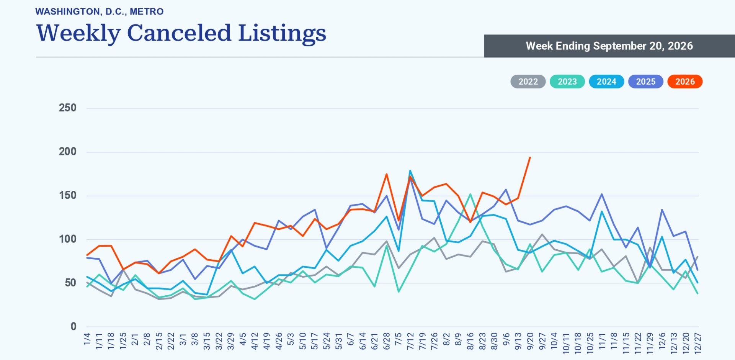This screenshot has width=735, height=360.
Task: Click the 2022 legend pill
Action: coord(528,82)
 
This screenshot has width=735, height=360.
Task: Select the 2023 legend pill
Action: coord(567,82)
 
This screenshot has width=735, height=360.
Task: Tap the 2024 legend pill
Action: coord(606,82)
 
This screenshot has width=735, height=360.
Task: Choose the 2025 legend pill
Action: coord(646,82)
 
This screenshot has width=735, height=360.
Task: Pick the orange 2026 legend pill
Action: coord(685,82)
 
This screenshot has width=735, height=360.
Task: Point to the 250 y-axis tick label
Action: coord(68,108)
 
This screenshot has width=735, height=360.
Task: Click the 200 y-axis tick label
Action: coord(68,152)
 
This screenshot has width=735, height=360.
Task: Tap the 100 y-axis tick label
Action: coord(68,239)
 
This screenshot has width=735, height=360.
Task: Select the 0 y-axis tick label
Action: coord(73,327)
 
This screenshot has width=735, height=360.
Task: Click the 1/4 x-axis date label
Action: coord(87,339)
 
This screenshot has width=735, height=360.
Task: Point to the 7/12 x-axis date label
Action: coord(410,341)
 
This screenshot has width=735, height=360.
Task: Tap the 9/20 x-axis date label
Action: coord(530,341)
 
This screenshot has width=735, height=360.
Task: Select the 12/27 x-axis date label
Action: coord(698,343)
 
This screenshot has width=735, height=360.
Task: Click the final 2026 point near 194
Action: coord(530,157)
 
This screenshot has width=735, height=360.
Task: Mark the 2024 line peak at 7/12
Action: coord(410,171)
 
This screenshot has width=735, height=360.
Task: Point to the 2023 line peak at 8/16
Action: coord(470,194)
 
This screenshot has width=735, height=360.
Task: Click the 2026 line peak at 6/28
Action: coord(386,174)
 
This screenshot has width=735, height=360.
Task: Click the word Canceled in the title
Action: coord(179,33)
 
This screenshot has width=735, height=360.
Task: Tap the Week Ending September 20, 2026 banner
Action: coord(609,46)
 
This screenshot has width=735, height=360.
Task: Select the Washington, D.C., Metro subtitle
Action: coord(100,11)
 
